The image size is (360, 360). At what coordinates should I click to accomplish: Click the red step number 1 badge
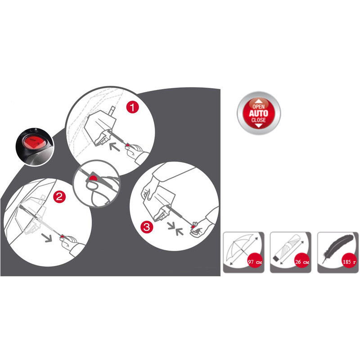(x=133, y=107)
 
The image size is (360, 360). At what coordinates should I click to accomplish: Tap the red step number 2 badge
(x=59, y=197)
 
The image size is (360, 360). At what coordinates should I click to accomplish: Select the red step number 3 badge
(x=147, y=227)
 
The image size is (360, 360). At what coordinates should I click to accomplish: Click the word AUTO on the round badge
(x=258, y=113)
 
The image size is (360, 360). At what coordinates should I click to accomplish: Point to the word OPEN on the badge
(x=258, y=107)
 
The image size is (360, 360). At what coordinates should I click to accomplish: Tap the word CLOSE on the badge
(x=258, y=120)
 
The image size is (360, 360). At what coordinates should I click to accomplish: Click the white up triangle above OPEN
(x=259, y=101)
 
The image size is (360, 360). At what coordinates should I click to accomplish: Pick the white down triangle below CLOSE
(x=259, y=126)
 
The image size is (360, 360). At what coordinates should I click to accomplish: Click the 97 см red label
(x=255, y=262)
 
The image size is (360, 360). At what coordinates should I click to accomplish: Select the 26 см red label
(x=302, y=262)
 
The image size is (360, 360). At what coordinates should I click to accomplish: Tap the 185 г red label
(x=349, y=262)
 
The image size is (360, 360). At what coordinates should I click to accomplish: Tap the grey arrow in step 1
(x=114, y=147)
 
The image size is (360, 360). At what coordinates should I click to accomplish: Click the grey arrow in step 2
(x=47, y=238)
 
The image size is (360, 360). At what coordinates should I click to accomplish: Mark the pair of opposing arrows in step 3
(x=175, y=229)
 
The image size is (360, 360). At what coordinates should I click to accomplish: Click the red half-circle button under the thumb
(x=93, y=178)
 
